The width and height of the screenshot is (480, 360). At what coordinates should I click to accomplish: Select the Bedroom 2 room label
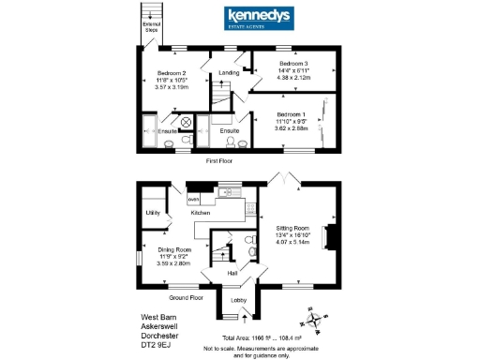click(x=171, y=72)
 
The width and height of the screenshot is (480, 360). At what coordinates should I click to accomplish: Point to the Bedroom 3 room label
click(x=293, y=64)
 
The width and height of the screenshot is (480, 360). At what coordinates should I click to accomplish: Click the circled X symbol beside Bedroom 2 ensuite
click(x=186, y=122)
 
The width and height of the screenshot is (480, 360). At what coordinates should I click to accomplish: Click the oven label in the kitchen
click(x=194, y=199)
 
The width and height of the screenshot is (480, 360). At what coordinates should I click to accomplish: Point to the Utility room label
click(x=153, y=214)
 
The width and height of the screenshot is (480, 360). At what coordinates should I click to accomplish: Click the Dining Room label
click(x=174, y=249)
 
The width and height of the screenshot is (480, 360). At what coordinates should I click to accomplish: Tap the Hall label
click(x=232, y=274)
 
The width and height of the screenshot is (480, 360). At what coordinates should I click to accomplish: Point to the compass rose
click(x=319, y=319)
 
